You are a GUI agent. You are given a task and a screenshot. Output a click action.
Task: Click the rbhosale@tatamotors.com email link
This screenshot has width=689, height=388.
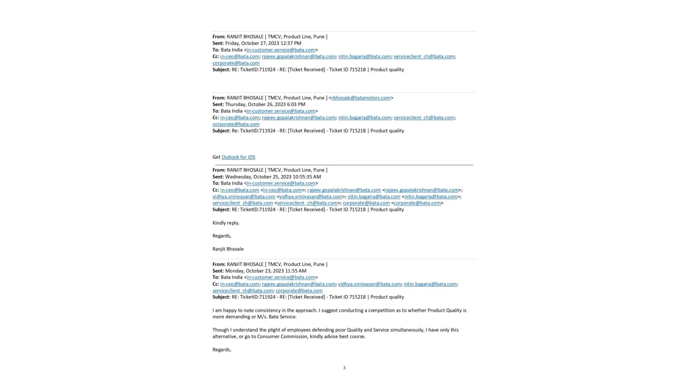coord(361,98)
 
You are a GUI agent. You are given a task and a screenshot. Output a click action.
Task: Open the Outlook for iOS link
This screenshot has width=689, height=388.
coord(238,157)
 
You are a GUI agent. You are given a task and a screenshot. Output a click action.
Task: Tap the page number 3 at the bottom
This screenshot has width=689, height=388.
coord(344,368)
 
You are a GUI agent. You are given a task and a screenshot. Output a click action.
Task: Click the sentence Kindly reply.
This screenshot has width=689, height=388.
coord(226,223)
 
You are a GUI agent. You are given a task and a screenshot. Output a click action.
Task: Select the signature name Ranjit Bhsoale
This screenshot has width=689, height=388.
coord(228,249)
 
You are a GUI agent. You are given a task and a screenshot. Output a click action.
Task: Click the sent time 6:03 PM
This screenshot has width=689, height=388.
coord(296,104)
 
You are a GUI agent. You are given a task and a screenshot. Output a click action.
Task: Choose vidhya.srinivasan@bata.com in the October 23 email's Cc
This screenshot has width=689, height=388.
coord(369,284)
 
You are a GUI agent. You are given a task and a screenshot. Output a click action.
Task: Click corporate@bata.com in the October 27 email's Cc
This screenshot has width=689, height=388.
coord(236,63)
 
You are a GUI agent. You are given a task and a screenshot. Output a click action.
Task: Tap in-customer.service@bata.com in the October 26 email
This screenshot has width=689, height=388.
coord(281,111)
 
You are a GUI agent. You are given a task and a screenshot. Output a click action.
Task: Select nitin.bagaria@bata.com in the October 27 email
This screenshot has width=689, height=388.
coord(364,56)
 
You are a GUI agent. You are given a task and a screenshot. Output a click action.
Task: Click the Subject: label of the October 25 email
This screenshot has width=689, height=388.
coord(221,210)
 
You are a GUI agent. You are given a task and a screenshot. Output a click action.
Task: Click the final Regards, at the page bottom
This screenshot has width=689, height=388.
coord(222,350)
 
